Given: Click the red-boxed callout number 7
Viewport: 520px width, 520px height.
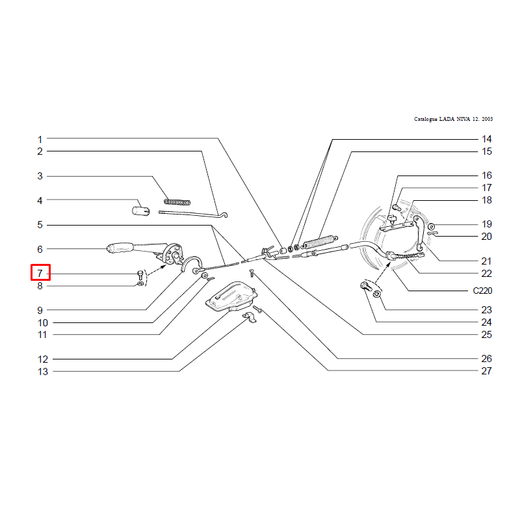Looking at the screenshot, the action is click(x=40, y=273).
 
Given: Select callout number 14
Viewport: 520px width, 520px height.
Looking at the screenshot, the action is click(x=486, y=139).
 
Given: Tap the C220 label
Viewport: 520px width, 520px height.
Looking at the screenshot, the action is click(x=482, y=291).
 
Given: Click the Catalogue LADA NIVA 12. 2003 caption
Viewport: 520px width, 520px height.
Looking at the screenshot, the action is click(x=453, y=119).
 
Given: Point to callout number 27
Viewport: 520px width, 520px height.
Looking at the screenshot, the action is click(x=486, y=370).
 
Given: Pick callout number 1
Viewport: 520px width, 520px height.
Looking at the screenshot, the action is click(x=40, y=139).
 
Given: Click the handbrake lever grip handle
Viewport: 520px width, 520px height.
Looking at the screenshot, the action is click(x=120, y=248).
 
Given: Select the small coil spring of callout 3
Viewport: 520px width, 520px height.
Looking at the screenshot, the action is click(x=177, y=201).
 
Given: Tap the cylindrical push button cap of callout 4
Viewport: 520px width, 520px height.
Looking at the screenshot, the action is click(x=141, y=211).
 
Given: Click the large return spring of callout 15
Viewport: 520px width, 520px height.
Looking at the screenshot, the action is click(x=320, y=242).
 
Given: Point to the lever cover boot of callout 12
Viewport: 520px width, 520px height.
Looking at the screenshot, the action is click(x=231, y=297).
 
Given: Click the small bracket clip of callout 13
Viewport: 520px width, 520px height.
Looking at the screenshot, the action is click(x=249, y=317).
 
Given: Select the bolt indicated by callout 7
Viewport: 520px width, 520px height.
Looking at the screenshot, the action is click(x=140, y=274).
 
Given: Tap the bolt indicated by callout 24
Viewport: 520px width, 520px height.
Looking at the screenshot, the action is click(x=366, y=286).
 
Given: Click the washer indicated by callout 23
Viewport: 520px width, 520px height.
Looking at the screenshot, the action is click(x=377, y=294).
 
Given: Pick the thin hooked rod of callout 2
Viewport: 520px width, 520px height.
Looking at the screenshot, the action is click(x=193, y=214).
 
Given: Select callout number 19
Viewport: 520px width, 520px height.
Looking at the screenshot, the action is click(x=486, y=224).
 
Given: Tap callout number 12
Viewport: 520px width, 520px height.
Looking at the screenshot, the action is click(x=43, y=359).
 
